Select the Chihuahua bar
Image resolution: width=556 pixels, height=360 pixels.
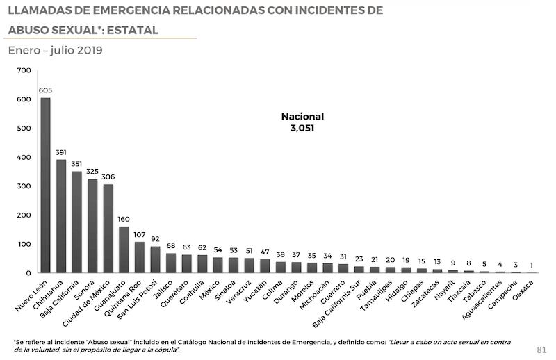[x=61, y=216]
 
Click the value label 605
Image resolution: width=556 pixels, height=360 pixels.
[x=45, y=90]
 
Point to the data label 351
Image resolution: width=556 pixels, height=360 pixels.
[x=76, y=164]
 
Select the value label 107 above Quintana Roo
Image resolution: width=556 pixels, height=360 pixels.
[x=140, y=235]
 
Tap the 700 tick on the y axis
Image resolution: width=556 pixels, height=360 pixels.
[x=24, y=70]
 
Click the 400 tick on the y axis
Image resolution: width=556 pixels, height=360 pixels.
[x=24, y=157]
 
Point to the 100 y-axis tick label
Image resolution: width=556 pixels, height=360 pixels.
[x=24, y=245]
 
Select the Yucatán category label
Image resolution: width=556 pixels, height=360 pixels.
[x=256, y=293]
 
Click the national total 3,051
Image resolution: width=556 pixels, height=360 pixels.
[x=302, y=128]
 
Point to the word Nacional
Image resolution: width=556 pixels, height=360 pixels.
[x=302, y=116]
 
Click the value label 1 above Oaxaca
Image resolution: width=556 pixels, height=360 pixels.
[x=531, y=264]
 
